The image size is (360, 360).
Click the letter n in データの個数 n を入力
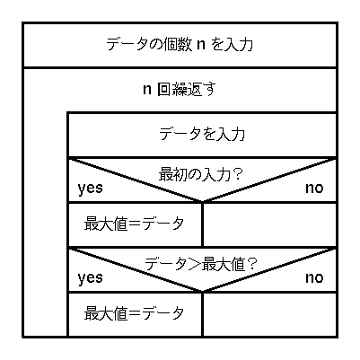click(x=201, y=45)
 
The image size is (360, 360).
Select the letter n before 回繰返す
click(x=146, y=90)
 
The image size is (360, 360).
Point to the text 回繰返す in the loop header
click(x=187, y=89)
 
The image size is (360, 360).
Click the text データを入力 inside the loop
click(x=202, y=134)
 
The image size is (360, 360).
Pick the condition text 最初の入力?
click(x=199, y=174)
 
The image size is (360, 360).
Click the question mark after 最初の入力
click(x=237, y=174)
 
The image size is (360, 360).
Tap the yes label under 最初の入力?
click(x=90, y=189)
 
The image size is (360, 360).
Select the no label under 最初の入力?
click(x=314, y=188)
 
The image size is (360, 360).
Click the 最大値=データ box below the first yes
click(x=136, y=224)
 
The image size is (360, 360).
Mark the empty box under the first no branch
click(x=269, y=224)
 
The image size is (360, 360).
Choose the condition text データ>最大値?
click(x=200, y=264)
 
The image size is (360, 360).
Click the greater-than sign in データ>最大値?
click(x=195, y=265)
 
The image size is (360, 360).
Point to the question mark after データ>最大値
click(x=252, y=264)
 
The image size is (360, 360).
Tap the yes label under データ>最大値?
click(x=90, y=278)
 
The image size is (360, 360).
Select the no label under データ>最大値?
click(x=314, y=277)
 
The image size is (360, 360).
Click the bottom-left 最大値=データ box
click(x=136, y=314)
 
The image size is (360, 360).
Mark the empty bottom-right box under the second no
click(x=269, y=314)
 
